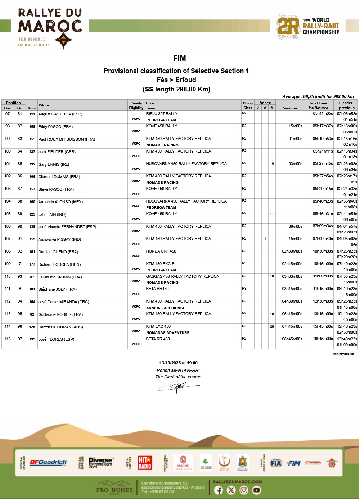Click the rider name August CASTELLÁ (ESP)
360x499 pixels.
click(60, 114)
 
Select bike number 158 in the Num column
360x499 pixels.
click(32, 127)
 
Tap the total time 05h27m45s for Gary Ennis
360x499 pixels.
click(323, 164)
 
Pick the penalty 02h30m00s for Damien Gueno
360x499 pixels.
click(292, 251)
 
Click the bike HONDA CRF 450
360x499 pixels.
click(161, 251)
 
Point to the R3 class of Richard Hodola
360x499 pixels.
click(244, 263)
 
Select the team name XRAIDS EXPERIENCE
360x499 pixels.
click(166, 308)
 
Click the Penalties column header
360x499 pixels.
click(289, 108)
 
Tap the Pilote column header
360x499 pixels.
click(44, 105)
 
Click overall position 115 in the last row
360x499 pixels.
click(8, 339)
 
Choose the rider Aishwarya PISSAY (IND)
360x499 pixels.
click(60, 239)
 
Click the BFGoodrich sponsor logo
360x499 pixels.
click(48, 462)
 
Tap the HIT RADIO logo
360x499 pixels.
click(145, 463)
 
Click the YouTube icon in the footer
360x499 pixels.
click(256, 490)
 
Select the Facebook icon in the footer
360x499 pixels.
click(219, 490)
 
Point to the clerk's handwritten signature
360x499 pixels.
click(178, 387)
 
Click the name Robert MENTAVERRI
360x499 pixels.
click(178, 371)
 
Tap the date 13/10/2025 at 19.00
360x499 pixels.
click(178, 363)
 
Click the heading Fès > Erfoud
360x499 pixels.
click(176, 80)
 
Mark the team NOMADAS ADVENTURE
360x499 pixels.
click(168, 333)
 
